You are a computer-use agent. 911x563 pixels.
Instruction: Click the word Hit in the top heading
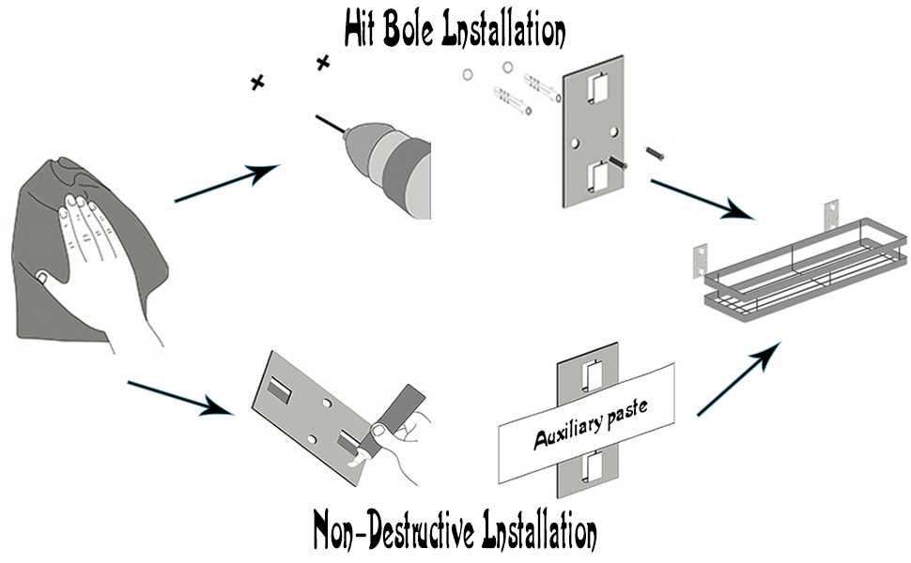(x=363, y=31)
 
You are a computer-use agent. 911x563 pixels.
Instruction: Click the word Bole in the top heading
(x=412, y=31)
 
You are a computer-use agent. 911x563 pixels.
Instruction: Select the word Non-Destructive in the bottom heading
(x=394, y=530)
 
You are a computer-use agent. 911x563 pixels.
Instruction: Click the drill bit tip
(x=318, y=117)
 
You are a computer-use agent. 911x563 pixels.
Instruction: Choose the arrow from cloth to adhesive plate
(x=178, y=395)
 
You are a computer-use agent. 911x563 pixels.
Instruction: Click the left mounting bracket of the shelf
(x=701, y=258)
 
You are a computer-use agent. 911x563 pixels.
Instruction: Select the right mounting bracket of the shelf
(x=830, y=214)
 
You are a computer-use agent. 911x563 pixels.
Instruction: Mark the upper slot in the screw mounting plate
(x=594, y=89)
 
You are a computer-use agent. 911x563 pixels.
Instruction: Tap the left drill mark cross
(x=257, y=83)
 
